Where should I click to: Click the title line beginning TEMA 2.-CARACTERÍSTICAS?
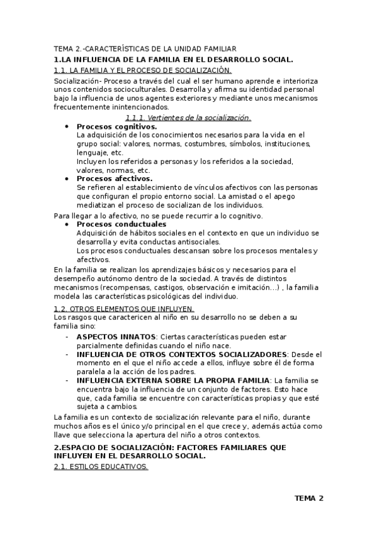(145, 48)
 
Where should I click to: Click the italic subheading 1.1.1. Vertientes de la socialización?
(188, 118)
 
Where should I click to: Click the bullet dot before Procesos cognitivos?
(67, 126)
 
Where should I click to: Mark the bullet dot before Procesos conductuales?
(67, 224)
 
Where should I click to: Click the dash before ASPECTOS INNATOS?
(67, 337)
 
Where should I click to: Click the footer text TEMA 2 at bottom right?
(308, 498)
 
